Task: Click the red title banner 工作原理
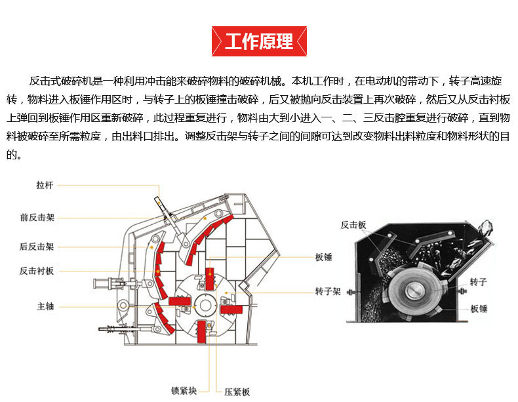259,42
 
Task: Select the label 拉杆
45,186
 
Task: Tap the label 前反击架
37,217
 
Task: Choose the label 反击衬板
37,270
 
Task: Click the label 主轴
45,306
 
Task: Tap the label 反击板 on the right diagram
353,225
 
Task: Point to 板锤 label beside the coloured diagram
324,257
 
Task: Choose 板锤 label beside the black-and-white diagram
479,308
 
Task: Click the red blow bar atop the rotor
210,279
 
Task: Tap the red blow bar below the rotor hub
202,332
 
